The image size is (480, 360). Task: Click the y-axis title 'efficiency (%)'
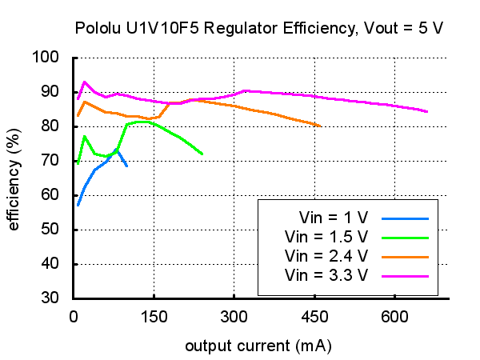[x=14, y=178]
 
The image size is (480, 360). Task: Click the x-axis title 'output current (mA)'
[x=258, y=346]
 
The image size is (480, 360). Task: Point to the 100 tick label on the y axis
[x=47, y=58]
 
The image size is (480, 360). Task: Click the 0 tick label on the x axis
[x=73, y=317]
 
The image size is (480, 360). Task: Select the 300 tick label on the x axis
[x=234, y=317]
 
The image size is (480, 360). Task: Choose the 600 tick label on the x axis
[x=394, y=317]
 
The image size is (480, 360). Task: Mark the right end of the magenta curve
[x=427, y=112]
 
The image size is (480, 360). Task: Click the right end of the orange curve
[x=321, y=126]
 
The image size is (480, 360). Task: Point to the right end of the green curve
[x=202, y=154]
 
